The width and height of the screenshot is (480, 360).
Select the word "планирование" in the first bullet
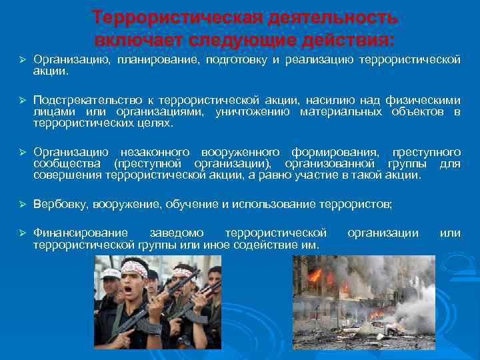click(x=151, y=61)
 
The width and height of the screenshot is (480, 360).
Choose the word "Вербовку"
click(x=59, y=205)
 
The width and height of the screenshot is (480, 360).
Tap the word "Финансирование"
click(x=81, y=233)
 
